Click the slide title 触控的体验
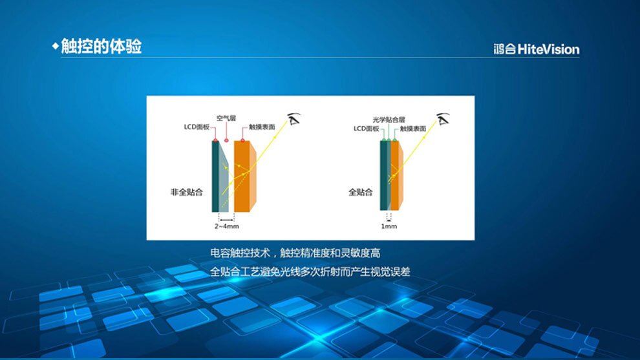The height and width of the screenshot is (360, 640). [101, 46]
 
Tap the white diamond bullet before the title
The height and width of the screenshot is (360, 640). [56, 46]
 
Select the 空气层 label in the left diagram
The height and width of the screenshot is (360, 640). [226, 118]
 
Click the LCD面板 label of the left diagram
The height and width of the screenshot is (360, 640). [197, 127]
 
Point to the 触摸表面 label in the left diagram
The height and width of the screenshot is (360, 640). [262, 127]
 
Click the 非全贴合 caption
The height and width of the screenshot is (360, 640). [187, 192]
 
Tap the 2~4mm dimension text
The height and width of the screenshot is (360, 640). [226, 226]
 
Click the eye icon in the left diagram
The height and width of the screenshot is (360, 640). [293, 119]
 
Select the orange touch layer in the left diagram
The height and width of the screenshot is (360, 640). [244, 176]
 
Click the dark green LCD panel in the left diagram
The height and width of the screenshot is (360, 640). [215, 176]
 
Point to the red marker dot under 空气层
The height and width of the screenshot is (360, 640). [226, 140]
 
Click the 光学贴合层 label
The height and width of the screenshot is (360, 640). [389, 120]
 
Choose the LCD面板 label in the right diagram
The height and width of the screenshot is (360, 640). [366, 129]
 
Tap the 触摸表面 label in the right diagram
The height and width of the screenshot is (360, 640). [413, 129]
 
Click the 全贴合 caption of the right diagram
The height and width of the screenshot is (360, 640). [361, 192]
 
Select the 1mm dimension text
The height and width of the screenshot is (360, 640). [389, 226]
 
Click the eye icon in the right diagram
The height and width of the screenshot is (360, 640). [443, 119]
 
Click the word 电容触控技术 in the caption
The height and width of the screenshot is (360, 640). [240, 253]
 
